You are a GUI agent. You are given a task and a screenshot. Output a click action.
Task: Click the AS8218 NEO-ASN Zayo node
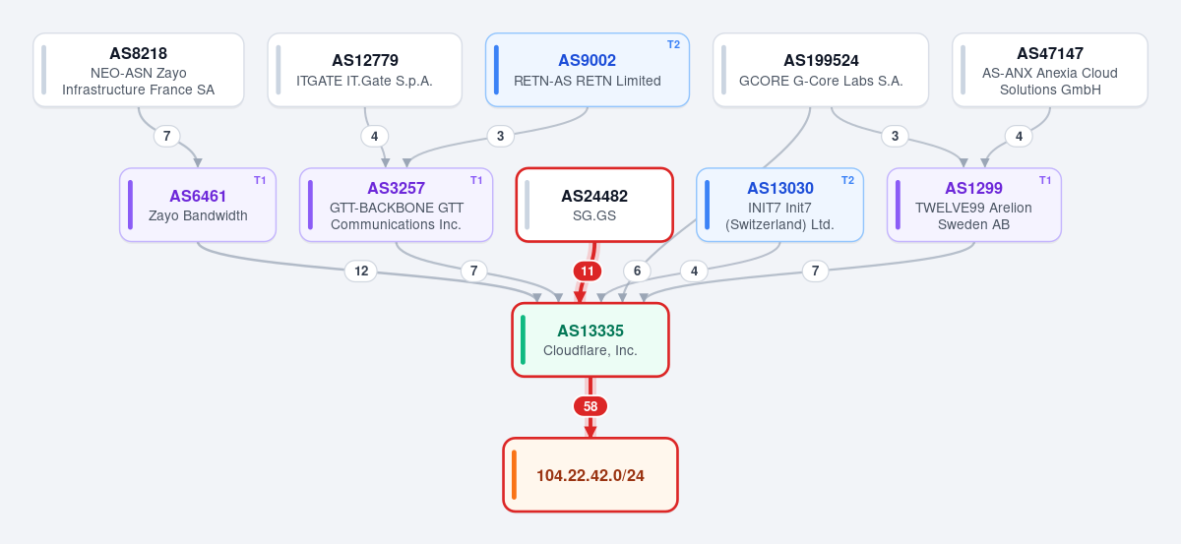pos(139,70)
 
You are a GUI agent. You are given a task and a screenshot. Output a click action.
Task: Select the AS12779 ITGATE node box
pos(365,70)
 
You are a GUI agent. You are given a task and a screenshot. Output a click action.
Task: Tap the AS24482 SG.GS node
pos(594,205)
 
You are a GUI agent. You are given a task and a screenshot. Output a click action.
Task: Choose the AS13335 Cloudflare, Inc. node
pos(590,340)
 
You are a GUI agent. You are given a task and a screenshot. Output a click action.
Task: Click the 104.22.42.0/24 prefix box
pos(590,475)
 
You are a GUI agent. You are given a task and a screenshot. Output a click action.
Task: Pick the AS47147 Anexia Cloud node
pos(1050,70)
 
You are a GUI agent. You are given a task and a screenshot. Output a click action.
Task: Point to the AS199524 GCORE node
pos(821,70)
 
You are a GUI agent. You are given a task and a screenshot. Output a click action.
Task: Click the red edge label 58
pos(590,406)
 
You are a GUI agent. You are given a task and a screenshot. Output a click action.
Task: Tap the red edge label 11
pos(588,272)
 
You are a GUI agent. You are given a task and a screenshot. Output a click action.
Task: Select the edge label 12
pos(361,271)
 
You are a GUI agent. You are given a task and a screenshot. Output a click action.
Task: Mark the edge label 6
pos(637,271)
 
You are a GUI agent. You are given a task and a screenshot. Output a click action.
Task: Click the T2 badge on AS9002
pos(674,45)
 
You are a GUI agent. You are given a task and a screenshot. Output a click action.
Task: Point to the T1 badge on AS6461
pos(260,180)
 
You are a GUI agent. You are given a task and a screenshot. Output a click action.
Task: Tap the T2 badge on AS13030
pos(847,180)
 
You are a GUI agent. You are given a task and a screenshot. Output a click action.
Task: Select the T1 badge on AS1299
pos(1045,180)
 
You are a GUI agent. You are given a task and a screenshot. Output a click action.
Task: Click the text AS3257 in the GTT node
pos(396,188)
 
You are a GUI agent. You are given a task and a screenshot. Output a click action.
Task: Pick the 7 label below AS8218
pos(167,136)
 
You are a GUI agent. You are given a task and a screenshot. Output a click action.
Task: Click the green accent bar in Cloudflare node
pos(523,340)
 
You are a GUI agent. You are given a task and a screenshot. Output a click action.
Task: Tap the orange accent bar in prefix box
pos(514,475)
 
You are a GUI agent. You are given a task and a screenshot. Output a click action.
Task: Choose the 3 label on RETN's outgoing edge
pos(500,136)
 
